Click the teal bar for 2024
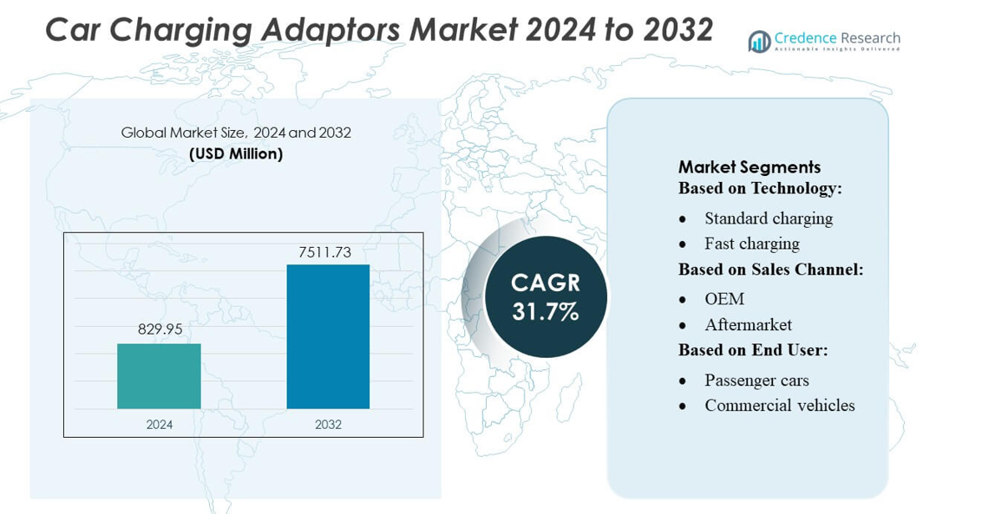[x=159, y=375]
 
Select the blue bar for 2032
[x=328, y=336]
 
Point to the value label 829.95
[x=160, y=329]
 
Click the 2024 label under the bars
[x=159, y=425]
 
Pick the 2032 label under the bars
[x=328, y=425]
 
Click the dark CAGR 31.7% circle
[x=545, y=296]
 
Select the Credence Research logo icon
[x=759, y=41]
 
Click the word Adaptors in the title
[x=328, y=30]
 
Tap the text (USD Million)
[x=236, y=153]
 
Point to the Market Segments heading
[x=749, y=166]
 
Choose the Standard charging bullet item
[x=768, y=218]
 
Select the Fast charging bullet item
[x=751, y=244]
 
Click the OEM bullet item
[x=724, y=299]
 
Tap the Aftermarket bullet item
[x=748, y=325]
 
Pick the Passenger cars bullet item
[x=756, y=381]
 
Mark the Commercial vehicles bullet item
[x=779, y=406]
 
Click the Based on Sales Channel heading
[x=770, y=270]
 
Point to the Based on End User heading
[x=753, y=350]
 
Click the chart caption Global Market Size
[x=183, y=133]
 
